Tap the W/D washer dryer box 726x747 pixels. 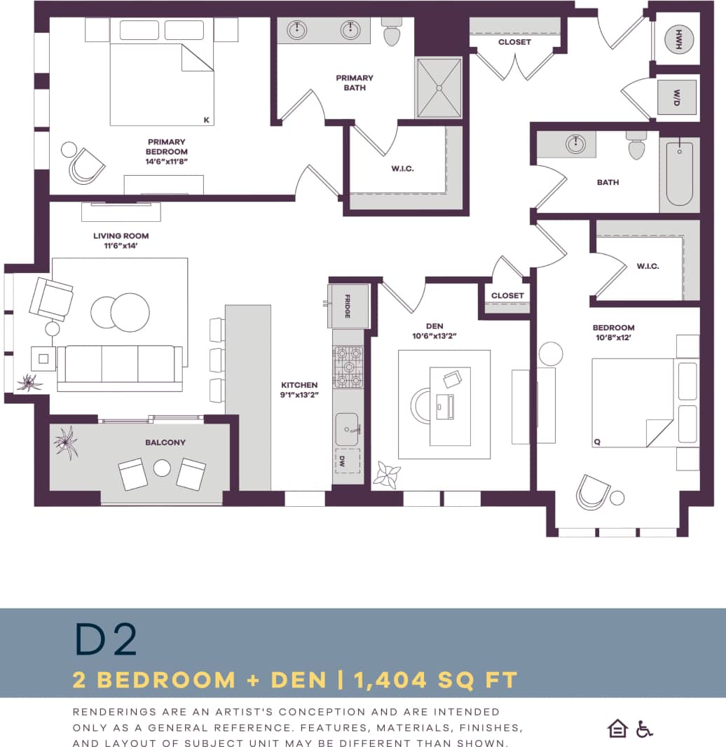[x=677, y=97]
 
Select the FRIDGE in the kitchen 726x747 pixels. [x=348, y=306]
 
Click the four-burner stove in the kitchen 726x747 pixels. [x=348, y=367]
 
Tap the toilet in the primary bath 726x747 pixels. [x=391, y=33]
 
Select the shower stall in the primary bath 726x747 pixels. [x=439, y=88]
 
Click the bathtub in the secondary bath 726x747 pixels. [x=679, y=174]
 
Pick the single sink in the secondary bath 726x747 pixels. [x=575, y=144]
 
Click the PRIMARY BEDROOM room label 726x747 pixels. [x=167, y=147]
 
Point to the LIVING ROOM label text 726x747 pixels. [x=121, y=236]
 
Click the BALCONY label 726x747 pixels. [x=165, y=442]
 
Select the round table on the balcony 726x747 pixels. [x=163, y=468]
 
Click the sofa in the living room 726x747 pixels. [x=120, y=367]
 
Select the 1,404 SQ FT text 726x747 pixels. [x=435, y=679]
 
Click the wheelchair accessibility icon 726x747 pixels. [x=644, y=729]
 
